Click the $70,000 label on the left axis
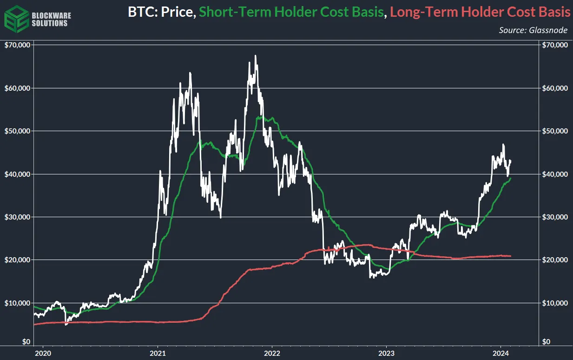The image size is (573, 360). [x=17, y=45]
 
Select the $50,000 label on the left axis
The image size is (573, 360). [x=17, y=131]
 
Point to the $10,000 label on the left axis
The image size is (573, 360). [x=17, y=303]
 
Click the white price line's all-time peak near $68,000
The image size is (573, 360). [x=256, y=56]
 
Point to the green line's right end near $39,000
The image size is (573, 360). [x=511, y=179]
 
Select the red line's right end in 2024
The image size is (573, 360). [x=511, y=256]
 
